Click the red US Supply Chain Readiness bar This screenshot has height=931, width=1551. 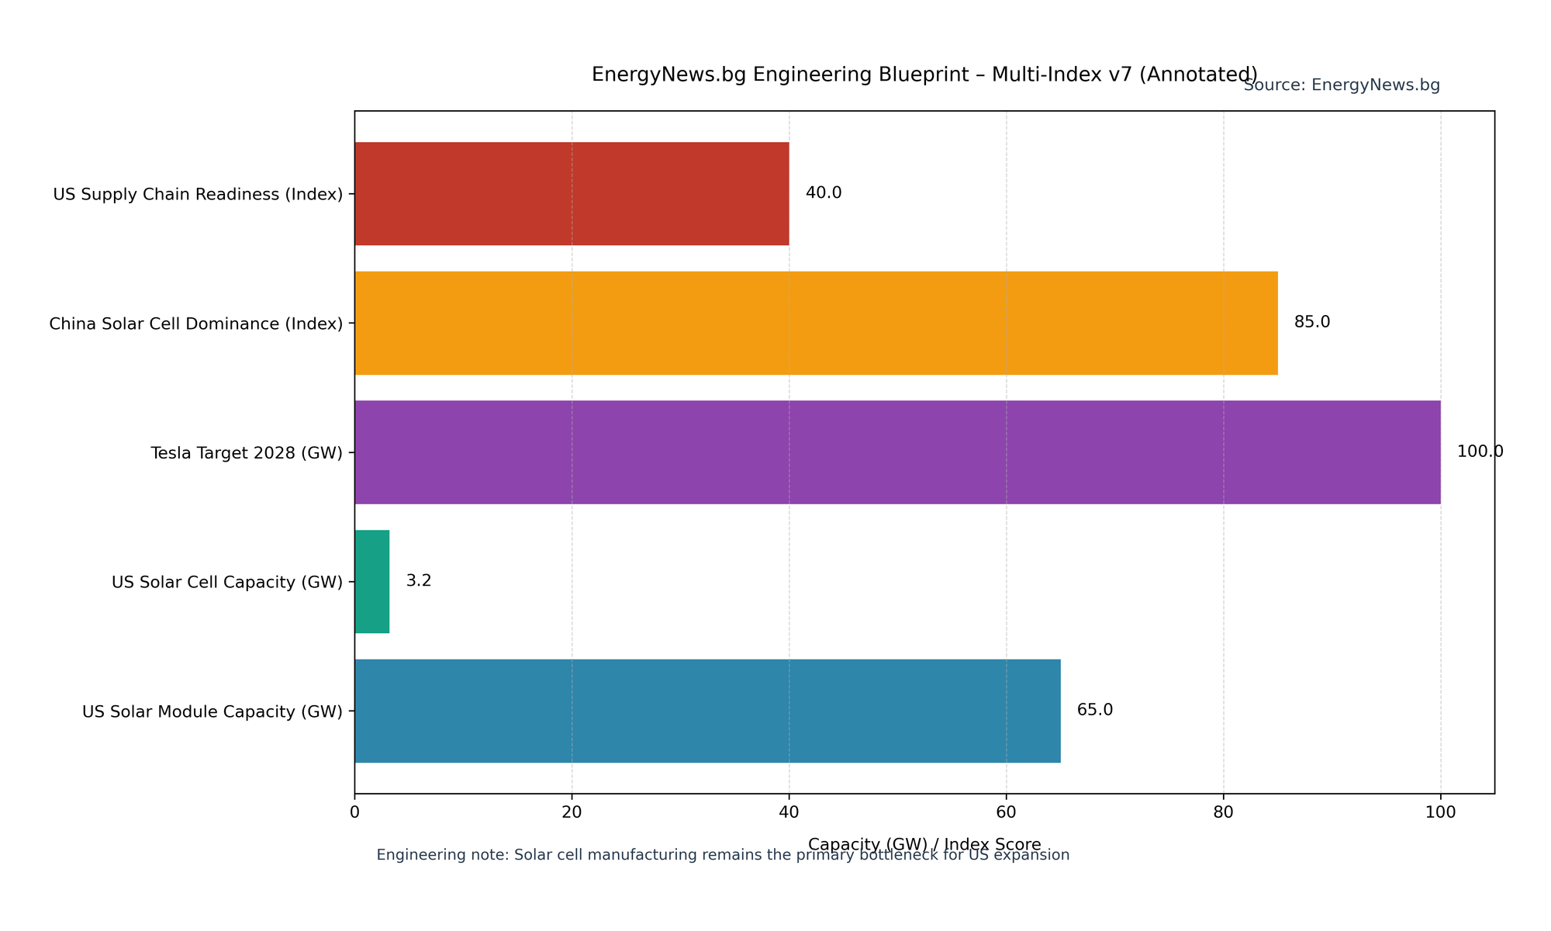click(572, 194)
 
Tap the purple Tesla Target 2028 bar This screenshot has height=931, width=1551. click(897, 452)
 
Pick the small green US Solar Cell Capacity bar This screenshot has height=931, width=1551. click(372, 582)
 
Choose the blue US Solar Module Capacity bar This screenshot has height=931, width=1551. click(707, 711)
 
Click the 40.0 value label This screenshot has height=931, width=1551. click(824, 193)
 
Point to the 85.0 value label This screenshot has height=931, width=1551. click(1312, 322)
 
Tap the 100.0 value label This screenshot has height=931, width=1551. click(1480, 452)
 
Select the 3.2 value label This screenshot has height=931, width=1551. click(419, 581)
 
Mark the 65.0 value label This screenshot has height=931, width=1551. click(1095, 710)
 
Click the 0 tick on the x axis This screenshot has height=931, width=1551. click(355, 812)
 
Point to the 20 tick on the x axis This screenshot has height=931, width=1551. click(572, 812)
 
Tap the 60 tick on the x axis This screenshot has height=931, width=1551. click(1006, 812)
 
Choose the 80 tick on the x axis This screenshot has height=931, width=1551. click(1224, 812)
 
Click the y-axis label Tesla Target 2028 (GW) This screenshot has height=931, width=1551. click(247, 453)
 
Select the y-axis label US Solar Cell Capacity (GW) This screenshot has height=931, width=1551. click(227, 582)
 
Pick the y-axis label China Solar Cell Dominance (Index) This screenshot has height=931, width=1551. click(196, 324)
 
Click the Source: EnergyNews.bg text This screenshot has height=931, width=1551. click(1342, 86)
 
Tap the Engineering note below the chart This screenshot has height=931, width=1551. click(723, 856)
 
